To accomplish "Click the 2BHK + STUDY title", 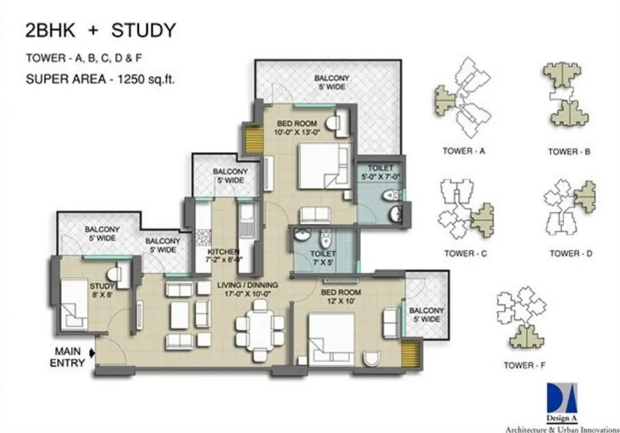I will click(x=100, y=31).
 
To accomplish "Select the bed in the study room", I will click(x=73, y=303).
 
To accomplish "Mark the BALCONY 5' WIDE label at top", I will click(x=332, y=82).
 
